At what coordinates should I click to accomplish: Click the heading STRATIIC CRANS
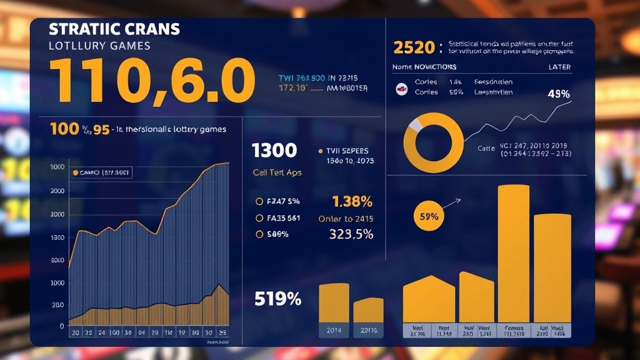(114, 29)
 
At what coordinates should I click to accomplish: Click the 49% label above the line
(558, 94)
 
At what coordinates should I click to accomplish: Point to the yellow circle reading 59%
(429, 217)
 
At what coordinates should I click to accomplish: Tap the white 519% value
(278, 299)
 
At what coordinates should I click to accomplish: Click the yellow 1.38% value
(352, 201)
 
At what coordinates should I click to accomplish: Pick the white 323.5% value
(351, 234)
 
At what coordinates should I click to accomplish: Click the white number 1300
(274, 151)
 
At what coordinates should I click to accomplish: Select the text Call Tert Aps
(277, 172)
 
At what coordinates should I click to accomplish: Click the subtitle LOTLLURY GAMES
(99, 46)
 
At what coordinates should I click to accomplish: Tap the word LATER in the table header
(559, 67)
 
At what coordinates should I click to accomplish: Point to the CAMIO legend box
(101, 172)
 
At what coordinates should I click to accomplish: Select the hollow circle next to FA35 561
(259, 218)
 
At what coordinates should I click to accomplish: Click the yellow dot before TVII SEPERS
(320, 151)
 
